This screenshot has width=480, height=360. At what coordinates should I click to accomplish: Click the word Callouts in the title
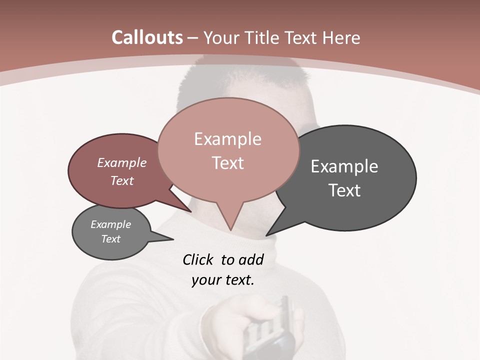147,38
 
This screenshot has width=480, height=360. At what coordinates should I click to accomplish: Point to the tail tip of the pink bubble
230,230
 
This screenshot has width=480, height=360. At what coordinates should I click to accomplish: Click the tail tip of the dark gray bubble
266,235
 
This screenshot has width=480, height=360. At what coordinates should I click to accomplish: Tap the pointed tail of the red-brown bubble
190,211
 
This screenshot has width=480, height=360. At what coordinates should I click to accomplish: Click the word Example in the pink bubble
227,139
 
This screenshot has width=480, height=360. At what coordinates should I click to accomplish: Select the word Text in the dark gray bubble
344,190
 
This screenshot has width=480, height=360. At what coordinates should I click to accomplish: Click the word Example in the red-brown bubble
122,162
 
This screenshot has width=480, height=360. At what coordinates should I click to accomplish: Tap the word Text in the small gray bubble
111,239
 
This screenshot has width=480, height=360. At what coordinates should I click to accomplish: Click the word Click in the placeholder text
197,259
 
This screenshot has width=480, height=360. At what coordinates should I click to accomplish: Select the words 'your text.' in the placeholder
223,280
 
